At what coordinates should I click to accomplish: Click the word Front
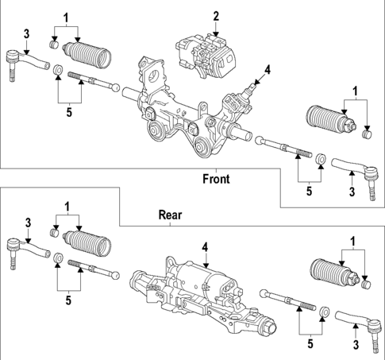tap(215, 179)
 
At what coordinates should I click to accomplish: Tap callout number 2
tap(215, 15)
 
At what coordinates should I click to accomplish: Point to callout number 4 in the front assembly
tap(268, 70)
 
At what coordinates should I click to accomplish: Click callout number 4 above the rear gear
tap(204, 248)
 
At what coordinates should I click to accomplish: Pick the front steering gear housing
tap(179, 107)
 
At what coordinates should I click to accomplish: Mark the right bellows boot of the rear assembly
tap(334, 273)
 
